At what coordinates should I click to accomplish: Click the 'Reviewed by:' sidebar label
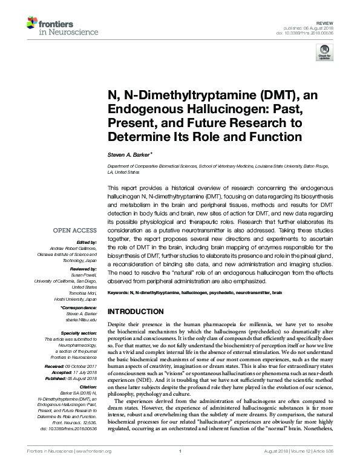pyautogui.click(x=83, y=267)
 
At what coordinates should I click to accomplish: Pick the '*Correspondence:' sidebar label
pyautogui.click(x=79, y=307)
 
